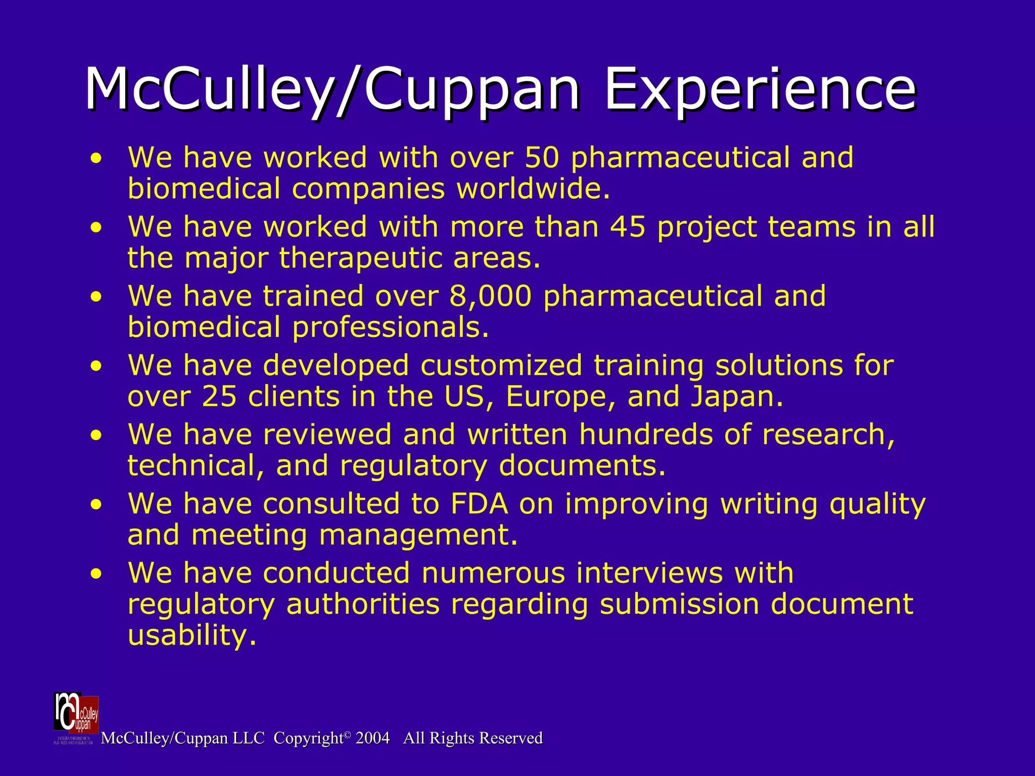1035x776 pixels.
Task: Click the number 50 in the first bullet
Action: (542, 158)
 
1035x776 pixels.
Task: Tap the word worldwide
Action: (533, 189)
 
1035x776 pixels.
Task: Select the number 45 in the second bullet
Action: (628, 227)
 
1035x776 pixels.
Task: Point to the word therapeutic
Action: (360, 258)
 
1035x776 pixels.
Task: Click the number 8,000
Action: (490, 296)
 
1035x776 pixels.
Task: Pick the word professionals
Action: (391, 327)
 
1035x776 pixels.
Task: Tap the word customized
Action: (501, 365)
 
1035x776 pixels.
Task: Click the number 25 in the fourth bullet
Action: (219, 397)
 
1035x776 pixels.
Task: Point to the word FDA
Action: (479, 504)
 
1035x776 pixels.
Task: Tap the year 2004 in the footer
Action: (372, 738)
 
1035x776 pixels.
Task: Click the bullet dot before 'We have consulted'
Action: (96, 505)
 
